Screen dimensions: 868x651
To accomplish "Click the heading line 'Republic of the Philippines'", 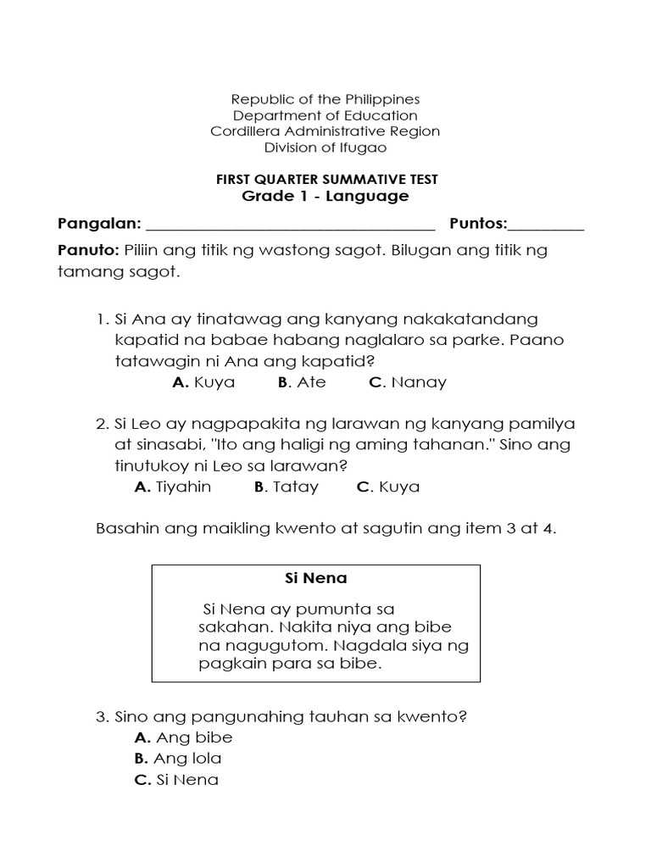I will pyautogui.click(x=325, y=99).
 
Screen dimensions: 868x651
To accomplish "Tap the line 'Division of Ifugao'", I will pyautogui.click(x=325, y=147).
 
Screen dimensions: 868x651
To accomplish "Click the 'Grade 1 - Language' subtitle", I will pyautogui.click(x=325, y=196).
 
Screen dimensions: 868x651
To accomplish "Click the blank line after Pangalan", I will pyautogui.click(x=291, y=225).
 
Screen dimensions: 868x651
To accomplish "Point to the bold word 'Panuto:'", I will pyautogui.click(x=88, y=251).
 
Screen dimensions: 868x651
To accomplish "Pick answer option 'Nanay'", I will pyautogui.click(x=408, y=381).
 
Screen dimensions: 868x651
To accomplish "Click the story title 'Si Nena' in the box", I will pyautogui.click(x=315, y=579).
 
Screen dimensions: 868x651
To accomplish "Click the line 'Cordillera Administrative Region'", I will pyautogui.click(x=325, y=131).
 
